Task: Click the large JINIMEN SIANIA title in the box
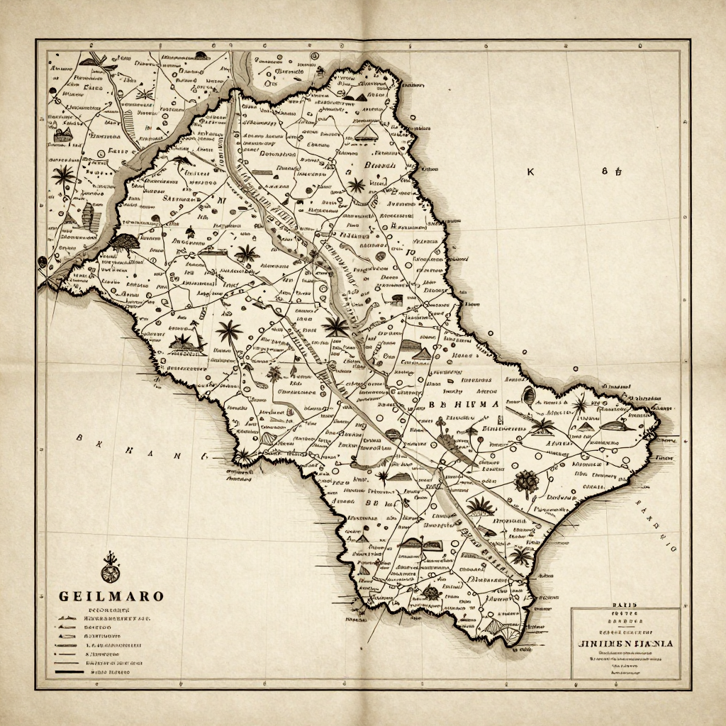click(625, 643)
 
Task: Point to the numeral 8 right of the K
click(605, 171)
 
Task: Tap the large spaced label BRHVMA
click(464, 403)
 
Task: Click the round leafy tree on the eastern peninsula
click(525, 482)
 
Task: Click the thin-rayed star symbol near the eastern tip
click(580, 405)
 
